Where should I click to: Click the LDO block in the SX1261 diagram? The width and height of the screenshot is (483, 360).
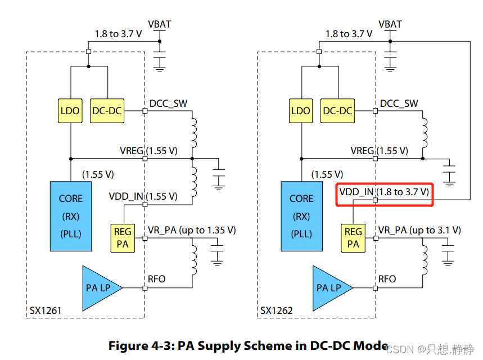pos(70,111)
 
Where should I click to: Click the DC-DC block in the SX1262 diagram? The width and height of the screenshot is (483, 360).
pos(337,111)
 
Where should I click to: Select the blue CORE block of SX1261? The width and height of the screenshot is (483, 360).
pos(70,215)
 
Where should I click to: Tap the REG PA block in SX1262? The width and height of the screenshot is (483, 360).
pos(353,238)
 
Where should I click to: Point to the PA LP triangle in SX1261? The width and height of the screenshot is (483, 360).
pos(100,288)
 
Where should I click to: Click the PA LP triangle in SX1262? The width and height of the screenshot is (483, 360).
pos(330,288)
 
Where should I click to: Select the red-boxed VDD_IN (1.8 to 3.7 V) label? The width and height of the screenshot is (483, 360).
pos(385,193)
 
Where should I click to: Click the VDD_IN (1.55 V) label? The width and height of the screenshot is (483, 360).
pos(143,197)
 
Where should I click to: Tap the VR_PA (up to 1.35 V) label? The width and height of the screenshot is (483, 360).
pos(192,230)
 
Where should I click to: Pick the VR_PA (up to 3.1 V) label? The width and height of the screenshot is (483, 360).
pos(419,230)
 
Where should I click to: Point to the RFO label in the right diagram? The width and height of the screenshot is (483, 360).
pos(387,279)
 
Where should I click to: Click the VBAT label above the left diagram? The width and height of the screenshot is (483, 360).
pos(159,24)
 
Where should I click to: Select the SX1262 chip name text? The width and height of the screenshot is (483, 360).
pos(277,310)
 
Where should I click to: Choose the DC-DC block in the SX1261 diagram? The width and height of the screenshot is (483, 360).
pos(107,111)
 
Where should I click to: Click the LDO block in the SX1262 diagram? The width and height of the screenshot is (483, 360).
pos(301,111)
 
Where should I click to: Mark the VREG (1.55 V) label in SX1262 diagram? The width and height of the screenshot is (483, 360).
pos(379,151)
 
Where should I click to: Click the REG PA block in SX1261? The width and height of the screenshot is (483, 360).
pos(123,238)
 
